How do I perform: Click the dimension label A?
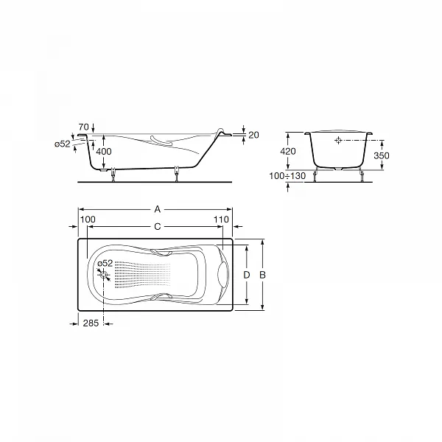158,209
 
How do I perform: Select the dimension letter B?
262,275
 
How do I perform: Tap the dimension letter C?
158,226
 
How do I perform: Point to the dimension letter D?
247,275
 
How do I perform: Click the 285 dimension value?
91,323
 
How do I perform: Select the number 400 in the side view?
104,152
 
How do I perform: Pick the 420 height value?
288,151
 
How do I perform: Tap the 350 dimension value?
382,155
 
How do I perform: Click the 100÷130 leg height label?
287,176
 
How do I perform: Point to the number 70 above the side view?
84,127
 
